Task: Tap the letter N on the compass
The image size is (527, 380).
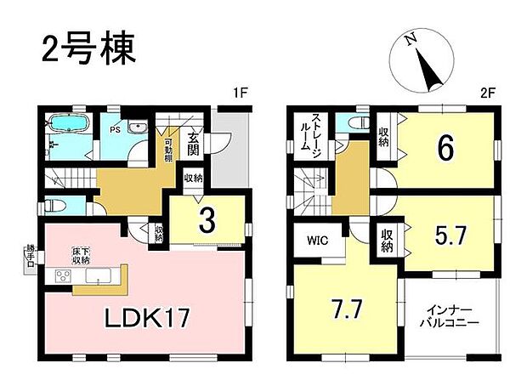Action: (410, 40)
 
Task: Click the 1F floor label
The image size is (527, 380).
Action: (240, 91)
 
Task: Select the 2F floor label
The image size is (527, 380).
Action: (487, 91)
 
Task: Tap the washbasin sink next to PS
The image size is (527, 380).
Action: (139, 128)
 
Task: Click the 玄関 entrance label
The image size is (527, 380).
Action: (195, 145)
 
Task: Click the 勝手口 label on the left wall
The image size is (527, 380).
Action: (31, 254)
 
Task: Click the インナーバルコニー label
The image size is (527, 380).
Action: (450, 318)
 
